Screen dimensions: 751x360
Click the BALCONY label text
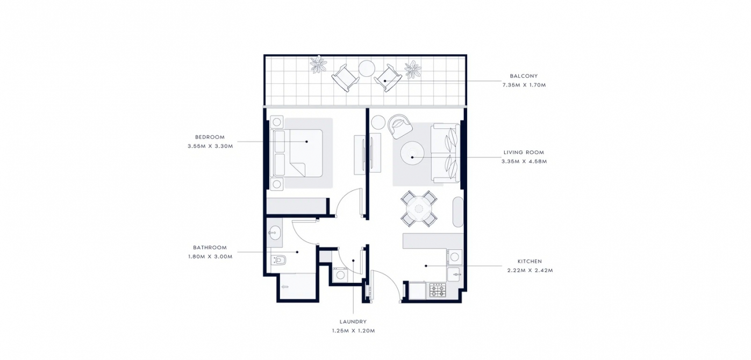click(524, 76)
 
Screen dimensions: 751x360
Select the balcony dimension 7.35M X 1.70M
click(524, 85)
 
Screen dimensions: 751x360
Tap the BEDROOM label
click(210, 137)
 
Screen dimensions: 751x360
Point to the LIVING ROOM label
click(524, 153)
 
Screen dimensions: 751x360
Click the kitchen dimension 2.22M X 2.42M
click(530, 270)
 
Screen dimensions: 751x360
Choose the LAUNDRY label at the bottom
click(353, 322)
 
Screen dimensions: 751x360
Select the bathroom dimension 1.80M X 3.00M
click(210, 257)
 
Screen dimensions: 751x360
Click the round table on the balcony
click(367, 68)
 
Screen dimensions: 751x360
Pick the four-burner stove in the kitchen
click(438, 290)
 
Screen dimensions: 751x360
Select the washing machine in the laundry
click(340, 275)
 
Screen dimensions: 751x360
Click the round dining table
click(419, 209)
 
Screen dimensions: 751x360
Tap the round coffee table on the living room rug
click(412, 154)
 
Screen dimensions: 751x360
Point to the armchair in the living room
click(399, 126)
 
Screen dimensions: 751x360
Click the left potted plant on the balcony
click(318, 64)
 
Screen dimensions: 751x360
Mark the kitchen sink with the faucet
click(454, 275)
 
